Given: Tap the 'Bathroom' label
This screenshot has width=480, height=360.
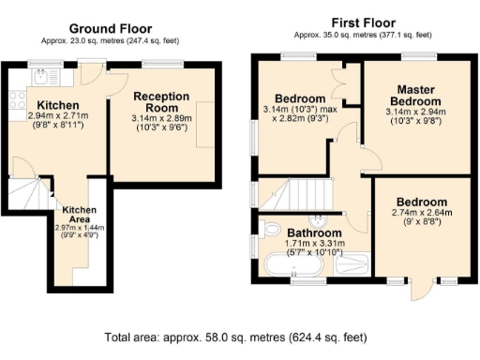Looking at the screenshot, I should coord(314,232).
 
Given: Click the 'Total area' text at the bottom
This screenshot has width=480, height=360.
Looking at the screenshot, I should coord(233,337).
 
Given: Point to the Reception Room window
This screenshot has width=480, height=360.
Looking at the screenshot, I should coord(157,63).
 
